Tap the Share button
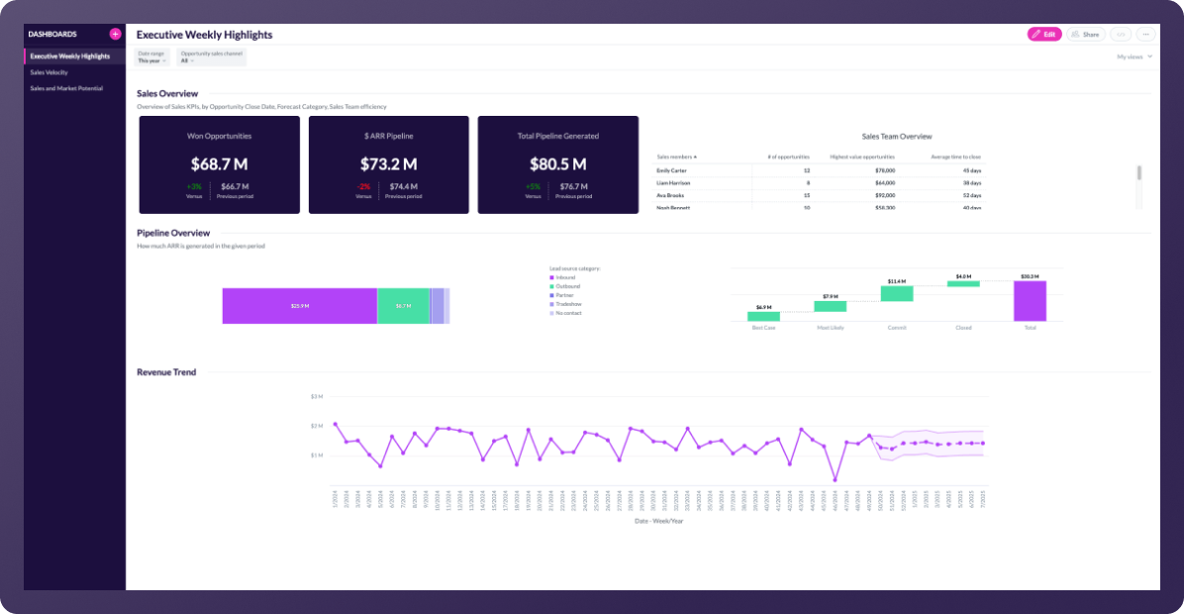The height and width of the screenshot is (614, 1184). click(1086, 35)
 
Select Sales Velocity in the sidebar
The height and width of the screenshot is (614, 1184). click(49, 72)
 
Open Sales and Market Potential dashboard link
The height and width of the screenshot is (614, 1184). click(66, 88)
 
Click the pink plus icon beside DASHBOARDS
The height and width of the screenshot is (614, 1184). click(115, 34)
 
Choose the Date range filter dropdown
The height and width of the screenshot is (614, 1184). click(151, 57)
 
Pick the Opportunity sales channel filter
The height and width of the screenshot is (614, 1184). click(210, 57)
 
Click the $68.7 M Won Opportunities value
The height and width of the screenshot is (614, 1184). click(219, 163)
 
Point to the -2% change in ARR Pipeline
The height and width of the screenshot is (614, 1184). click(363, 186)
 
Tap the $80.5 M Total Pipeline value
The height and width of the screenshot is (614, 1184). click(557, 163)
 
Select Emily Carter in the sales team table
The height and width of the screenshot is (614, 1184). click(672, 170)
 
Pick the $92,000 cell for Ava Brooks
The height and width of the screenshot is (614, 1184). click(883, 195)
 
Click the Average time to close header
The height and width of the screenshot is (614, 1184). click(956, 156)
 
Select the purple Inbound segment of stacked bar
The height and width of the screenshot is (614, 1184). click(299, 306)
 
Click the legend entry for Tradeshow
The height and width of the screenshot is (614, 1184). click(568, 304)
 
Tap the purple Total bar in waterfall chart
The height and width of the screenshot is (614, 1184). click(1030, 301)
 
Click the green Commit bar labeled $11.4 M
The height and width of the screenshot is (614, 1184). click(897, 294)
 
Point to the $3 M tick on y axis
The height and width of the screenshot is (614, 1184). click(317, 396)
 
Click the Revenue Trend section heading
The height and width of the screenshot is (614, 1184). click(166, 372)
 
